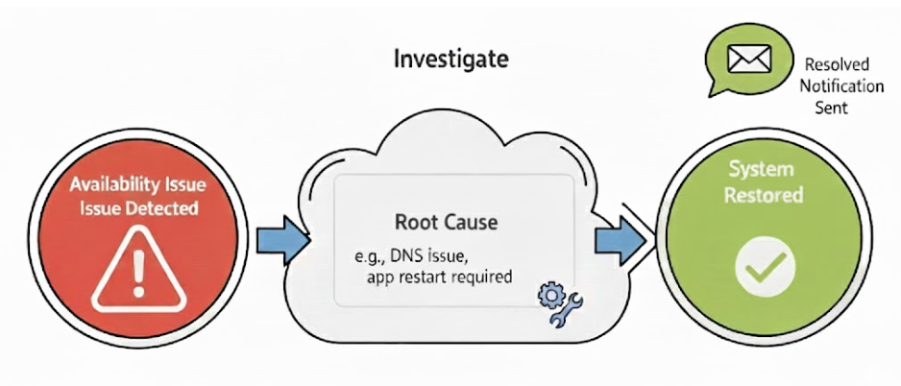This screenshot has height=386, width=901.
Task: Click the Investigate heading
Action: point(450,60)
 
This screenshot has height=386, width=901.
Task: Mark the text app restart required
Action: point(438,277)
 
